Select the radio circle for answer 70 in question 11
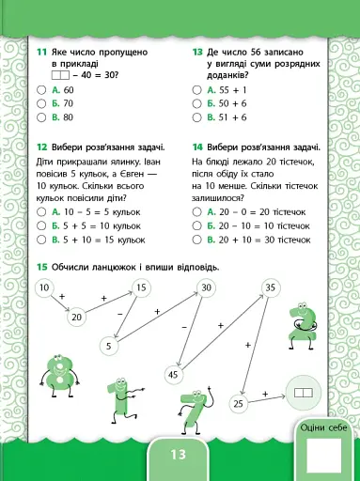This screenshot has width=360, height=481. coord(40,103)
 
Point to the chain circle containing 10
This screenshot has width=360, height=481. coord(44,287)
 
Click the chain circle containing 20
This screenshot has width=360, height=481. coord(76,317)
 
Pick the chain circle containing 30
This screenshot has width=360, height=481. coord(206,287)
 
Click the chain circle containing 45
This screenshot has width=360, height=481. coord(173,374)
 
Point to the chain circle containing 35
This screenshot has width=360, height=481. coord(271,287)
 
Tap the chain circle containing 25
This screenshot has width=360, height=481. coord(238,403)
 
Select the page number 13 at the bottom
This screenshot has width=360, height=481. coord(180,455)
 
